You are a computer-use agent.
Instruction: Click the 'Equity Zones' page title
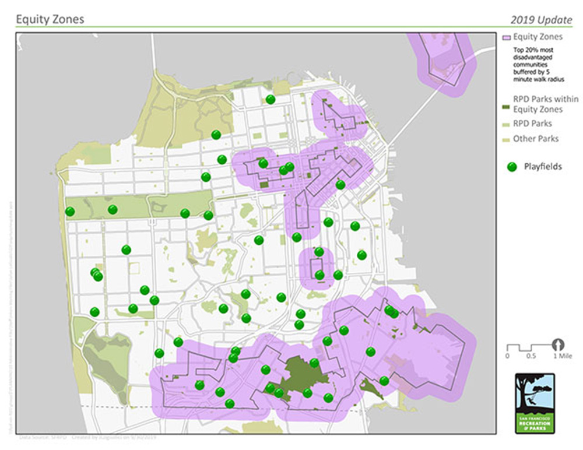point(50,19)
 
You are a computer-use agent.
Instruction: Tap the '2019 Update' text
point(540,20)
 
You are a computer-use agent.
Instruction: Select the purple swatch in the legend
point(506,37)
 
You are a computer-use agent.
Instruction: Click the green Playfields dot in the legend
point(512,167)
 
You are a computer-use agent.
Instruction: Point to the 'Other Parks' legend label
point(535,139)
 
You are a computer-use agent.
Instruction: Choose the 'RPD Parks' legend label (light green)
point(532,124)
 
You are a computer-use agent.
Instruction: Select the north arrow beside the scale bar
point(559,344)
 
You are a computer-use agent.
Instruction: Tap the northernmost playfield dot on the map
point(271,100)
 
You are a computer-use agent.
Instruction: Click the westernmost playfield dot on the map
point(70,211)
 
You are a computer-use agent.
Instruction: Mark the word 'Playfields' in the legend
point(543,167)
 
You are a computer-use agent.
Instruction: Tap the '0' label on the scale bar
point(507,355)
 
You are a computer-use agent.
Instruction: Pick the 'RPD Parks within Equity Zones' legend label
point(537,104)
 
